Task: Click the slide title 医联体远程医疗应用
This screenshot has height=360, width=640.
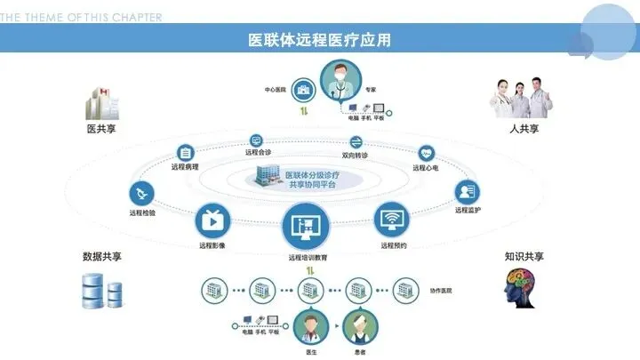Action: point(319,41)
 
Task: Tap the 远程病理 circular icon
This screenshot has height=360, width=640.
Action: point(186,152)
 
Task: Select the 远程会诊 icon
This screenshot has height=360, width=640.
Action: point(257,140)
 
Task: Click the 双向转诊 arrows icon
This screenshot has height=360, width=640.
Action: point(356,142)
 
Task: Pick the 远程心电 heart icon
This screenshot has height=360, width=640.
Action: point(427,153)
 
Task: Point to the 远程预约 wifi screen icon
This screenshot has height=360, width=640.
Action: point(393,219)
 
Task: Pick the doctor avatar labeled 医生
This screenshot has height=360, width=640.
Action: point(310,328)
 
